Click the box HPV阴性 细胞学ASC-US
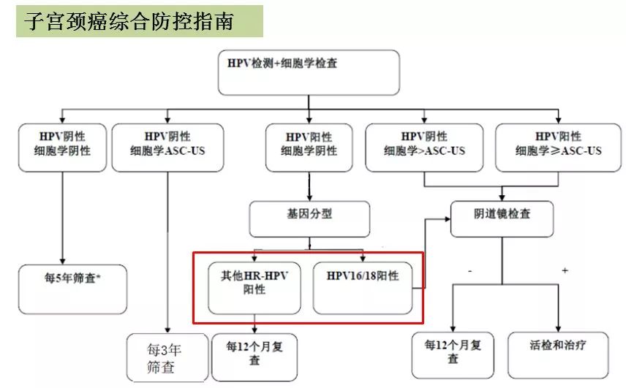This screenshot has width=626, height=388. click(167, 147)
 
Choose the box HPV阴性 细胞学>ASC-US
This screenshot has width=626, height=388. click(423, 147)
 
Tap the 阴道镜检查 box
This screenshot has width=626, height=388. click(501, 217)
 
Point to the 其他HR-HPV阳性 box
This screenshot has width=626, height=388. click(254, 284)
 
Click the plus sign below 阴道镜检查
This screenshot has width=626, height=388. click(565, 270)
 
